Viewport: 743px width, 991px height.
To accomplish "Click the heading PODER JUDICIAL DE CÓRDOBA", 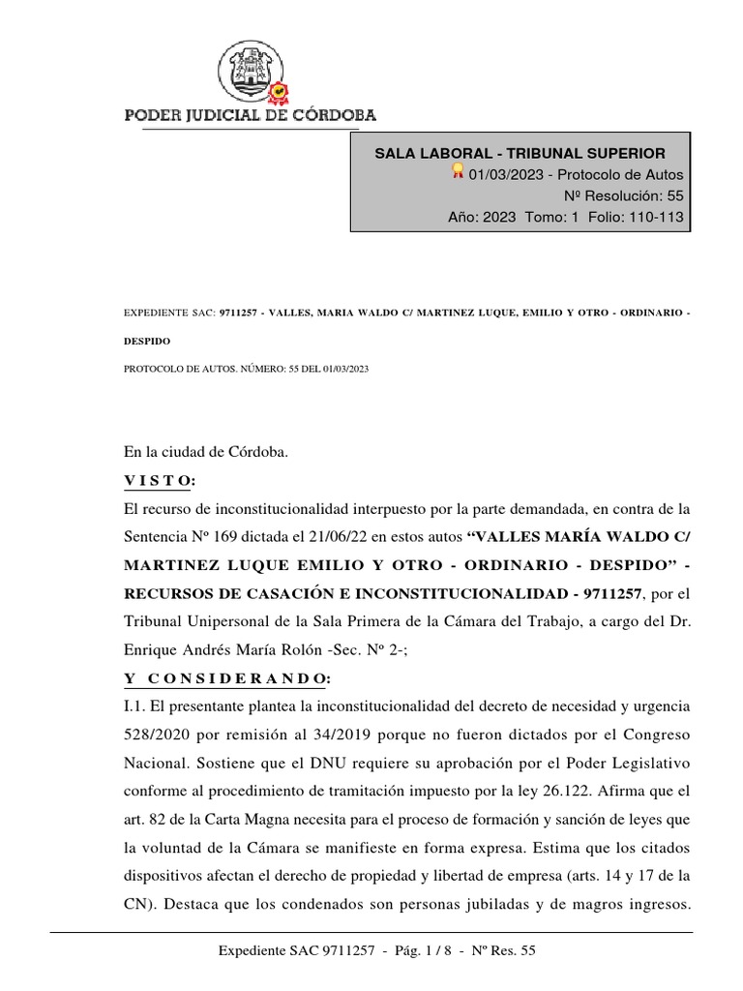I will point(251,115).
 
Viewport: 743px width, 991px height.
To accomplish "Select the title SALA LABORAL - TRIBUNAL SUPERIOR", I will point(520,153).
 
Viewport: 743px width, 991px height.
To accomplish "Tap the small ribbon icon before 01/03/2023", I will point(459,172).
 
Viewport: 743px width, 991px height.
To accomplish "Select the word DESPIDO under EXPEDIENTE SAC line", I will point(146,341).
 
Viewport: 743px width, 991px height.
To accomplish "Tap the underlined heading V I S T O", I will point(160,481).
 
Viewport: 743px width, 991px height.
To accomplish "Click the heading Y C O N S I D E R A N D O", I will point(227,676).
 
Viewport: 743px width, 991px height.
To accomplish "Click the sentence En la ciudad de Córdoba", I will point(206,453).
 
